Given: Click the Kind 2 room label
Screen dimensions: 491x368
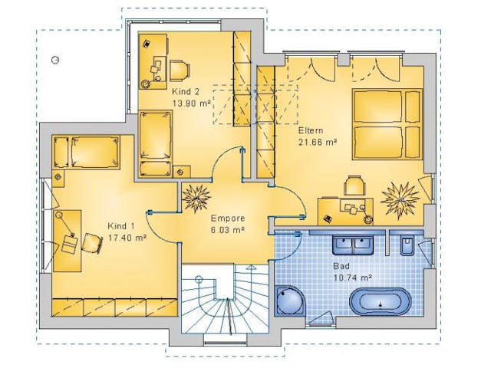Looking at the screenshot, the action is pyautogui.click(x=186, y=92).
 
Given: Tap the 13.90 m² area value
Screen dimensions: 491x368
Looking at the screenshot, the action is pyautogui.click(x=191, y=103).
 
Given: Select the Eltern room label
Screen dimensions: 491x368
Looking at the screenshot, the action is pyautogui.click(x=311, y=130).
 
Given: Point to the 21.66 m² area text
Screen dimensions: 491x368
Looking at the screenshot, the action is pyautogui.click(x=318, y=142).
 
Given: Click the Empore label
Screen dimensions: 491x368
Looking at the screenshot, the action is pyautogui.click(x=228, y=218).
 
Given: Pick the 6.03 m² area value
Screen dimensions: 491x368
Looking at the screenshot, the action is pyautogui.click(x=228, y=230).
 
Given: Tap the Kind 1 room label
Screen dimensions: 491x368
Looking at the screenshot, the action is pyautogui.click(x=121, y=226).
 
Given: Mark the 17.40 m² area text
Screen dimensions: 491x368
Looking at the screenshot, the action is pyautogui.click(x=127, y=238).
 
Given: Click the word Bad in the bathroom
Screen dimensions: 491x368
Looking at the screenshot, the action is pyautogui.click(x=341, y=266).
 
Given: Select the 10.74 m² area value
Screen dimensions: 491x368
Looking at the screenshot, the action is pyautogui.click(x=353, y=278).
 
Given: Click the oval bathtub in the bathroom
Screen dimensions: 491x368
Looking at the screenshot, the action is pyautogui.click(x=380, y=301).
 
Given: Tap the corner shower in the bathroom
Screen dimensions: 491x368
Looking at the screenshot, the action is pyautogui.click(x=290, y=301).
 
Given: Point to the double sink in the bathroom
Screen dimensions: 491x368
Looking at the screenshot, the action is pyautogui.click(x=353, y=245).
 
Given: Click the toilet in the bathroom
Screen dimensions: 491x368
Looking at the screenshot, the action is pyautogui.click(x=407, y=245).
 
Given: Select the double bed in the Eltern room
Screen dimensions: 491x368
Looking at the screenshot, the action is pyautogui.click(x=387, y=124).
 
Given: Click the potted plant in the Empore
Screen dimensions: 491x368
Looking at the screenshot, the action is pyautogui.click(x=196, y=198).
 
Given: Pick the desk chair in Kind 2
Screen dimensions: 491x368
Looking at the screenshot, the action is pyautogui.click(x=180, y=71).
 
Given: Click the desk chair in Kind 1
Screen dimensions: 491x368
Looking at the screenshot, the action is pyautogui.click(x=92, y=243).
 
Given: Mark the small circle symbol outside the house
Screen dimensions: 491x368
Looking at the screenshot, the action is pyautogui.click(x=55, y=60).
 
